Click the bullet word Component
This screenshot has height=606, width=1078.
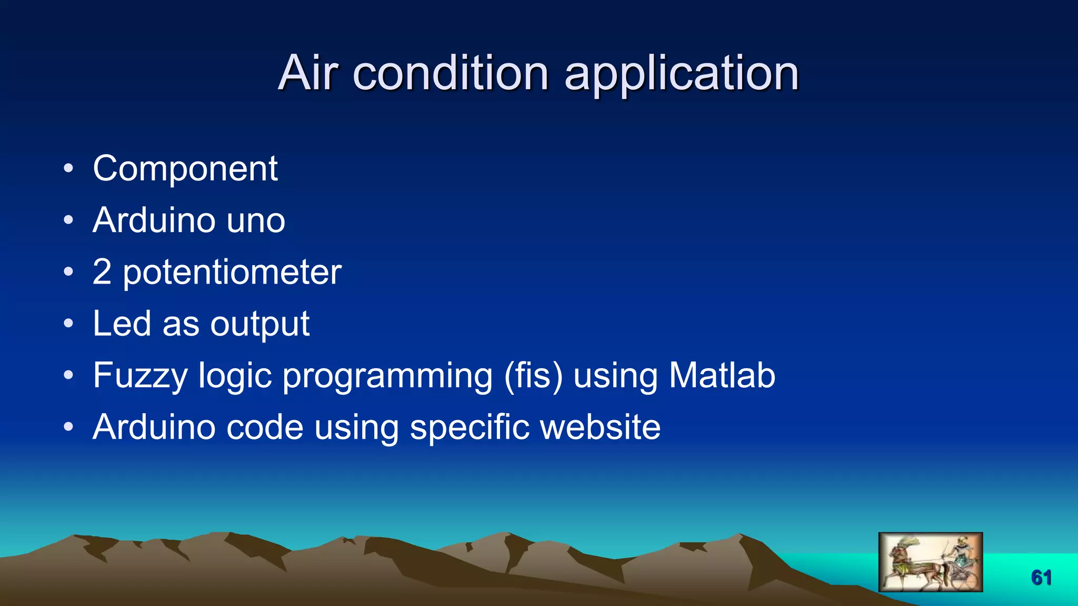[185, 169]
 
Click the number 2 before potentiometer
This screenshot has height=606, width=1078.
[102, 272]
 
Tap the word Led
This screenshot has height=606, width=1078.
[122, 324]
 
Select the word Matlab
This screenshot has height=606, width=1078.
[722, 375]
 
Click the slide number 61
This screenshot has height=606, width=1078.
[1041, 578]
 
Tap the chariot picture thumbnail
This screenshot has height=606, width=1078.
[930, 562]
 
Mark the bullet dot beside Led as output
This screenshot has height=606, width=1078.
[68, 324]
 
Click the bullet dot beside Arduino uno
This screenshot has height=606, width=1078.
[68, 220]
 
